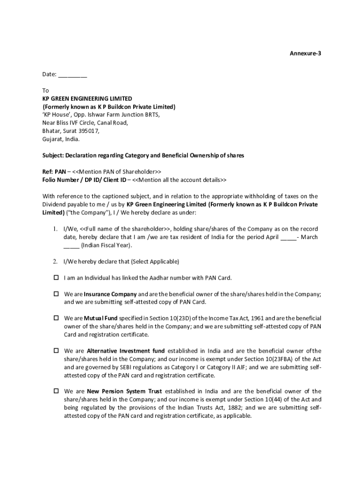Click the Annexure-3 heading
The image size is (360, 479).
coord(306,54)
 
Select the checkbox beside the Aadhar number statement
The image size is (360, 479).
coord(55,277)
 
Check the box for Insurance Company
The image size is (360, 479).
coord(55,294)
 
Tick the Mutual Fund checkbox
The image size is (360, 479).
coord(55,318)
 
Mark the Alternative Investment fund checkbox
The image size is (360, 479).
coord(55,350)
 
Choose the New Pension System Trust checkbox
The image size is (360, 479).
coord(55,391)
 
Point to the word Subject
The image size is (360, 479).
coord(52,155)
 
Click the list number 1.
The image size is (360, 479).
coord(55,229)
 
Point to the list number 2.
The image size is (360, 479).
coord(55,261)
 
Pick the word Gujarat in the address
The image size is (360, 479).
coord(52,139)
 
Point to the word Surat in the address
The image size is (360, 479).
coord(70,131)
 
